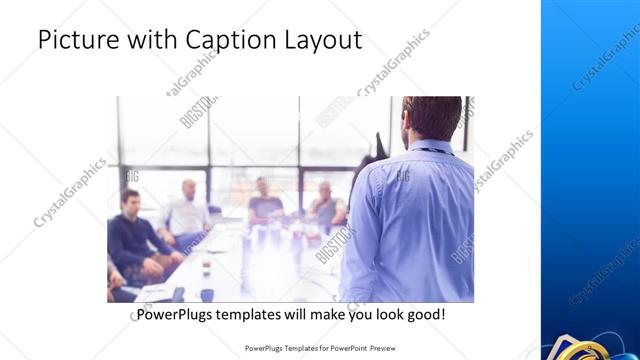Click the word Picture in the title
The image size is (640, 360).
click(x=81, y=40)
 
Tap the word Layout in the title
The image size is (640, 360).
click(x=322, y=40)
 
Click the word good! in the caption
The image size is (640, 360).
click(x=424, y=314)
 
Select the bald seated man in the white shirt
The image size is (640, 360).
click(x=188, y=210)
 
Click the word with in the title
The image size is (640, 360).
click(x=156, y=40)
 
